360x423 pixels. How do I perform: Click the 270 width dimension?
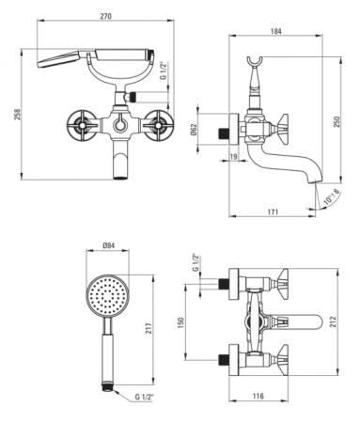coord(106,16)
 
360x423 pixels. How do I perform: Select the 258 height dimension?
coord(17,115)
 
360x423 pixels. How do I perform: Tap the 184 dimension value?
coord(275,31)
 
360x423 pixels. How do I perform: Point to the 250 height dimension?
coord(337,122)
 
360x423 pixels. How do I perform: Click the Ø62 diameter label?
coord(194,129)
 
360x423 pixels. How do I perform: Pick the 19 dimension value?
coord(234,156)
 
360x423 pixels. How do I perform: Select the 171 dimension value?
coord(273,212)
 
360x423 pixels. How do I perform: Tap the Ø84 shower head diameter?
coord(108,245)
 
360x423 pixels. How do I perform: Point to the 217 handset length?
coord(149,329)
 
